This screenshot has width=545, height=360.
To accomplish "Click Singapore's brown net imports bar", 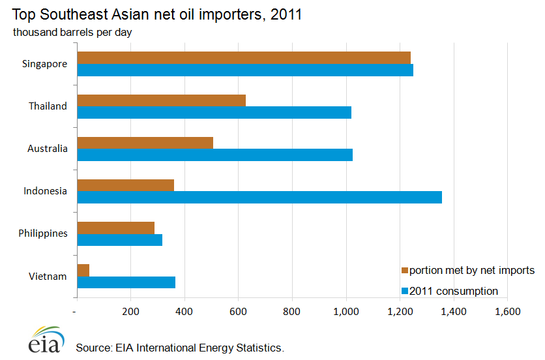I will click(x=244, y=57).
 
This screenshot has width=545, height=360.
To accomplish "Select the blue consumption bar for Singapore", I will click(x=245, y=70).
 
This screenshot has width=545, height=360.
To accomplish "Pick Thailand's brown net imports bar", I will click(x=162, y=100).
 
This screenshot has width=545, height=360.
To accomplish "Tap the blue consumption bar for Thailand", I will click(x=214, y=112).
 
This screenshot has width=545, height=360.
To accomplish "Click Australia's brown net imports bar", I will click(x=145, y=142).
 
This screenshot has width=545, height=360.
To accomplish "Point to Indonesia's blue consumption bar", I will click(x=259, y=197).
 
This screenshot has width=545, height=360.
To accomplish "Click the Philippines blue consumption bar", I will click(x=120, y=239).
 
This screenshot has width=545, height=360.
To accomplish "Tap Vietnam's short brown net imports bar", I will click(x=83, y=270).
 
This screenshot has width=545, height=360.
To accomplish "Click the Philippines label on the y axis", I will click(x=43, y=233).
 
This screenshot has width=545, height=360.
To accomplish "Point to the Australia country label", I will click(x=48, y=149).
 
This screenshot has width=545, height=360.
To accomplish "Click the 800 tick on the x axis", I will click(x=292, y=312).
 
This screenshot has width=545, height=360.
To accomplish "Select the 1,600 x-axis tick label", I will click(x=507, y=312).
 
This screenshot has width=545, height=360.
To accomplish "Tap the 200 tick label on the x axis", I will click(x=131, y=312).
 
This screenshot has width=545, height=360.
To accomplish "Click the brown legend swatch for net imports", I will click(x=404, y=271).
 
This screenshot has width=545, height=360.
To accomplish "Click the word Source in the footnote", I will click(x=91, y=348).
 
